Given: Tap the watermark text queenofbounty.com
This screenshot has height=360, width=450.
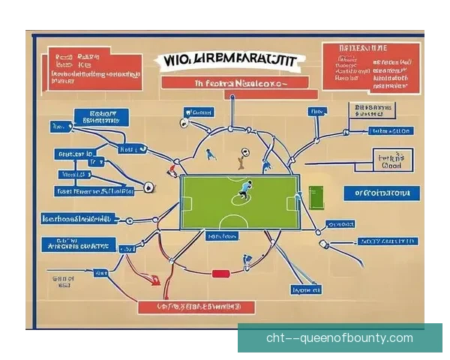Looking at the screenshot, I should [x=339, y=337].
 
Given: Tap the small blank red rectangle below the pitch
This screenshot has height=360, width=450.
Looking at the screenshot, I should [x=220, y=273].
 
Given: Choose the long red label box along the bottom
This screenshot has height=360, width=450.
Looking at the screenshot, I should [x=196, y=307].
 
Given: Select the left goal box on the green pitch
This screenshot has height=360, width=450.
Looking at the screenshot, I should [x=185, y=203].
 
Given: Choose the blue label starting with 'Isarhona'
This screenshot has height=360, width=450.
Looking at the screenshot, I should [x=77, y=219].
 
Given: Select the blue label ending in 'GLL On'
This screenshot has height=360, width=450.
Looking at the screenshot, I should [x=391, y=131].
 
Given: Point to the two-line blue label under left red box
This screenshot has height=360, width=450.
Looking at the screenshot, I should [x=100, y=116].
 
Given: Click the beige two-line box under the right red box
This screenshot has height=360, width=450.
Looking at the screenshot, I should [x=373, y=111].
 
